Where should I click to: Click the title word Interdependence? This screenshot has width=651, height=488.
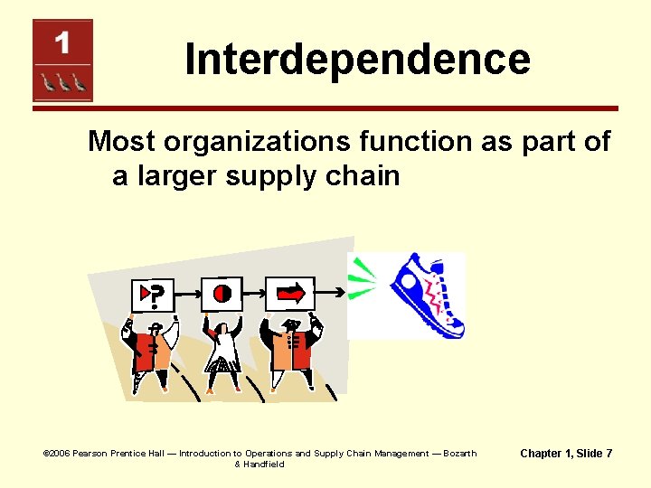point(357,60)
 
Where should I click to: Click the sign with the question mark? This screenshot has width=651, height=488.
point(153,293)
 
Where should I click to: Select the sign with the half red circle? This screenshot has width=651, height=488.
point(222,292)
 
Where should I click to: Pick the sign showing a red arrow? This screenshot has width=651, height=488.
point(290,292)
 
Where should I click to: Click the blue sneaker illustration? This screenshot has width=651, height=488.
point(425,295)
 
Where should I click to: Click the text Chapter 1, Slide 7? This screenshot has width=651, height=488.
point(566,453)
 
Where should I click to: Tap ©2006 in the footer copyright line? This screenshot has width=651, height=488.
point(57,454)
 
